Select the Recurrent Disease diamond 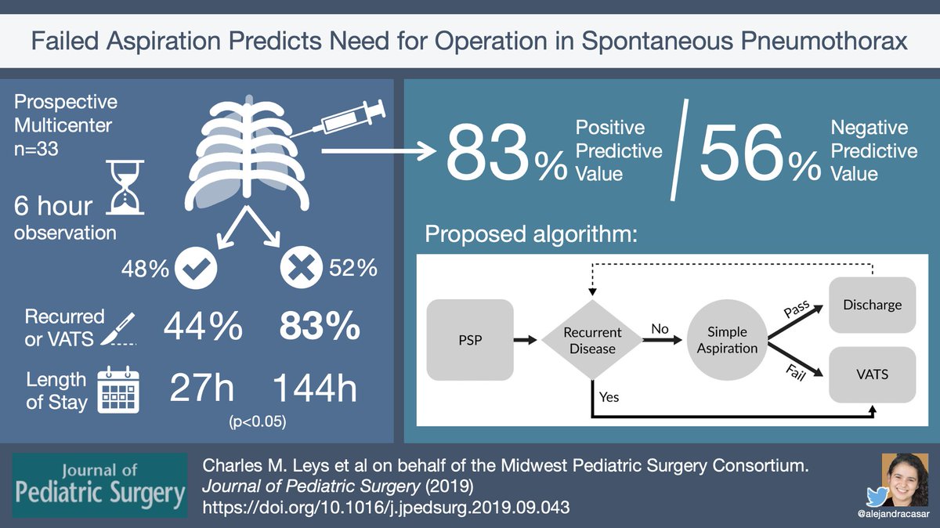coord(592,339)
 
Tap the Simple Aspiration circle coord(727,339)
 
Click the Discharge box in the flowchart coord(873,305)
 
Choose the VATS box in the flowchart coord(873,374)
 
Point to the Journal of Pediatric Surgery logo coord(99,485)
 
